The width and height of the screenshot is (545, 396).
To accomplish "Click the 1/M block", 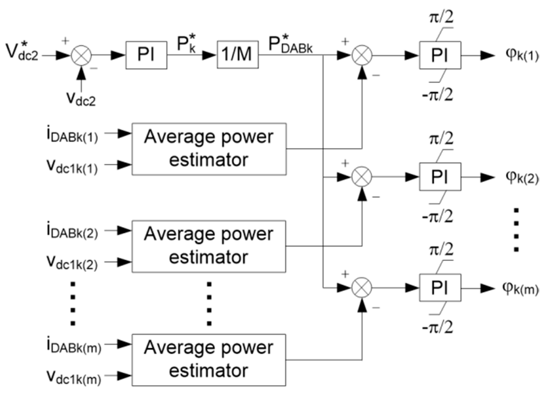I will click(237, 55).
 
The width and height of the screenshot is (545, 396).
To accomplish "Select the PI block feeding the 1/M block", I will click(146, 55).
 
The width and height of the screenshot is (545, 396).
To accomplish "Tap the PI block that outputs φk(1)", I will click(440, 55).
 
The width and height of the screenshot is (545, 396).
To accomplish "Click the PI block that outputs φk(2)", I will click(440, 177).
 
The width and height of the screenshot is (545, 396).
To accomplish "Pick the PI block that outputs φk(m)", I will click(440, 287).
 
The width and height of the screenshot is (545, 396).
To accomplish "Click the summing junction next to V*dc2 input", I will click(81, 55).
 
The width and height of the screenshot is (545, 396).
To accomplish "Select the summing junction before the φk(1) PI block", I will click(362, 55).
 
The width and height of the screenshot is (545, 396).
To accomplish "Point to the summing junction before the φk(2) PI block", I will click(362, 177).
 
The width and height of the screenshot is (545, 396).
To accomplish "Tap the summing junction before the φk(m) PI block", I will click(362, 287).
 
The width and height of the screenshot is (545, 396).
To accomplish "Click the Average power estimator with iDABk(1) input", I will click(209, 149).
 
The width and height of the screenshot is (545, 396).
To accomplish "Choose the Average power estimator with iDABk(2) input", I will click(209, 246).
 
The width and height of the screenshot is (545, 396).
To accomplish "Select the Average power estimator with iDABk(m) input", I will click(209, 360).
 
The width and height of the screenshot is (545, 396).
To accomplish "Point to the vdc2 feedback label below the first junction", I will click(81, 98).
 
